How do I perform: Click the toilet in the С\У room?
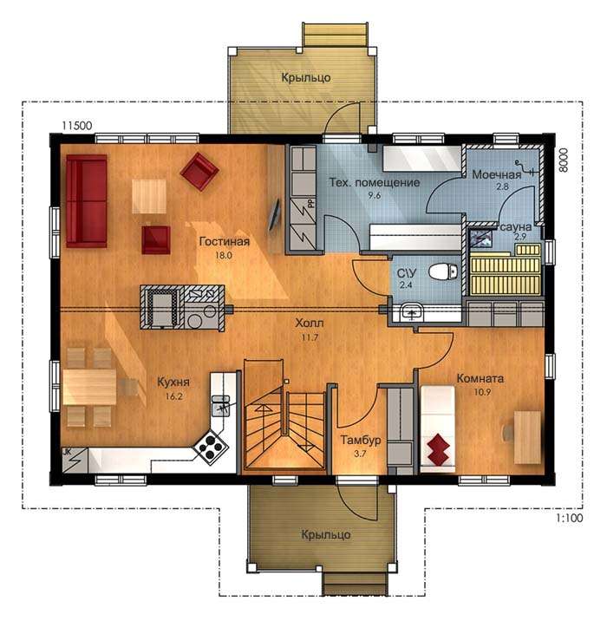443,272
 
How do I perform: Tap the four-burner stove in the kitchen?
211,448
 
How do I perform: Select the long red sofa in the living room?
87,201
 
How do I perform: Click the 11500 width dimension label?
77,126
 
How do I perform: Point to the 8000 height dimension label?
564,160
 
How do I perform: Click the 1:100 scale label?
570,518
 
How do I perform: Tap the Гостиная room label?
224,241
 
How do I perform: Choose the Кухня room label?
173,382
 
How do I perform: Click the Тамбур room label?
361,440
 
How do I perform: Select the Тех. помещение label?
375,183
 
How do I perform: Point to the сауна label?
516,227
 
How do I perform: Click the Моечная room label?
497,174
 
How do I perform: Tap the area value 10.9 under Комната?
482,392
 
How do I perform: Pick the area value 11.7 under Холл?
310,338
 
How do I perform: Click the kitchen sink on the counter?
220,406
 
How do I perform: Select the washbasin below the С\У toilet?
411,312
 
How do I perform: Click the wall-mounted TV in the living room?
274,215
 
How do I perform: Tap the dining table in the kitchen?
89,387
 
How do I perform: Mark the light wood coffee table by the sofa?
149,196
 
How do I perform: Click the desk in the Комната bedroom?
527,437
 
